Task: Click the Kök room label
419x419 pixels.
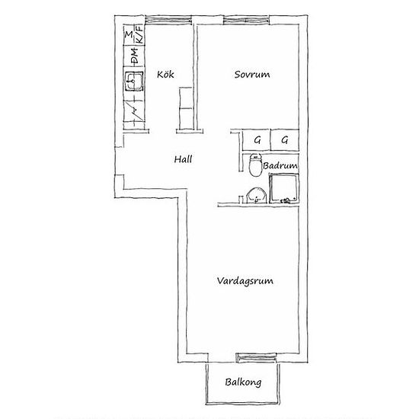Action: pyautogui.click(x=165, y=75)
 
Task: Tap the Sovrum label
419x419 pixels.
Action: pyautogui.click(x=252, y=75)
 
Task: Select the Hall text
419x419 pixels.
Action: pyautogui.click(x=183, y=159)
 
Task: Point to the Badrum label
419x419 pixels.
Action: pyautogui.click(x=280, y=165)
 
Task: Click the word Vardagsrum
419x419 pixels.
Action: pyautogui.click(x=245, y=281)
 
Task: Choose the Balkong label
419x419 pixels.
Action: pyautogui.click(x=243, y=382)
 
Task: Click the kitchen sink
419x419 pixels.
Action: pyautogui.click(x=133, y=81)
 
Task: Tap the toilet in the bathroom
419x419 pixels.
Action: pyautogui.click(x=255, y=165)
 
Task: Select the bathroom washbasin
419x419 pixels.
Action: pyautogui.click(x=256, y=196)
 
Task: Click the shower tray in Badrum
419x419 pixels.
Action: pyautogui.click(x=283, y=188)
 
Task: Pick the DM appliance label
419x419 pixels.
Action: pyautogui.click(x=135, y=56)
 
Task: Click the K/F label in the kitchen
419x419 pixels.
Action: pyautogui.click(x=139, y=34)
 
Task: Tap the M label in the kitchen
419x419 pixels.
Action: pyautogui.click(x=129, y=34)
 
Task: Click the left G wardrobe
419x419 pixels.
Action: pyautogui.click(x=256, y=140)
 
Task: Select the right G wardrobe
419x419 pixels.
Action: pyautogui.click(x=285, y=140)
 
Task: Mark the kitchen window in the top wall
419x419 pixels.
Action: pyautogui.click(x=168, y=20)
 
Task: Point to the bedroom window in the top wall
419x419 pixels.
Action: pyautogui.click(x=246, y=20)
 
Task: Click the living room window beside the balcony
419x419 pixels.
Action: pyautogui.click(x=256, y=357)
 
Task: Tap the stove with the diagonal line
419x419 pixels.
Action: pyautogui.click(x=134, y=111)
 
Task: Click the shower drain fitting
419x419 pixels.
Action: pyautogui.click(x=286, y=200)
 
